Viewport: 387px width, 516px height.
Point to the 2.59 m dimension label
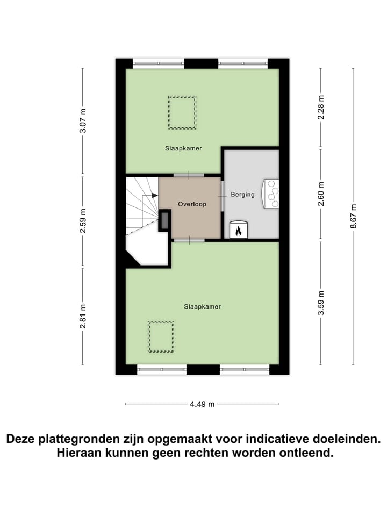tap(83, 221)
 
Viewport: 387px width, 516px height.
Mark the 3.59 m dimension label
tap(321, 303)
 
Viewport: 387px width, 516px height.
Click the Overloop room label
tap(192, 204)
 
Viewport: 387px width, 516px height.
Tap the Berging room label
tap(242, 195)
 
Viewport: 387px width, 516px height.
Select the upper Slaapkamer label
tap(183, 148)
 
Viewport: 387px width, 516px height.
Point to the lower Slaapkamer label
tap(203, 306)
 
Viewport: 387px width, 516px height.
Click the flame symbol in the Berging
tap(238, 231)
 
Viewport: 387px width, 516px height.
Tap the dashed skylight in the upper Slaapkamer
tap(182, 112)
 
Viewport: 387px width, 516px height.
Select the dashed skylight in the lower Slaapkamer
tap(161, 337)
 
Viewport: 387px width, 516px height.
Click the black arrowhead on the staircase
tap(155, 196)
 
